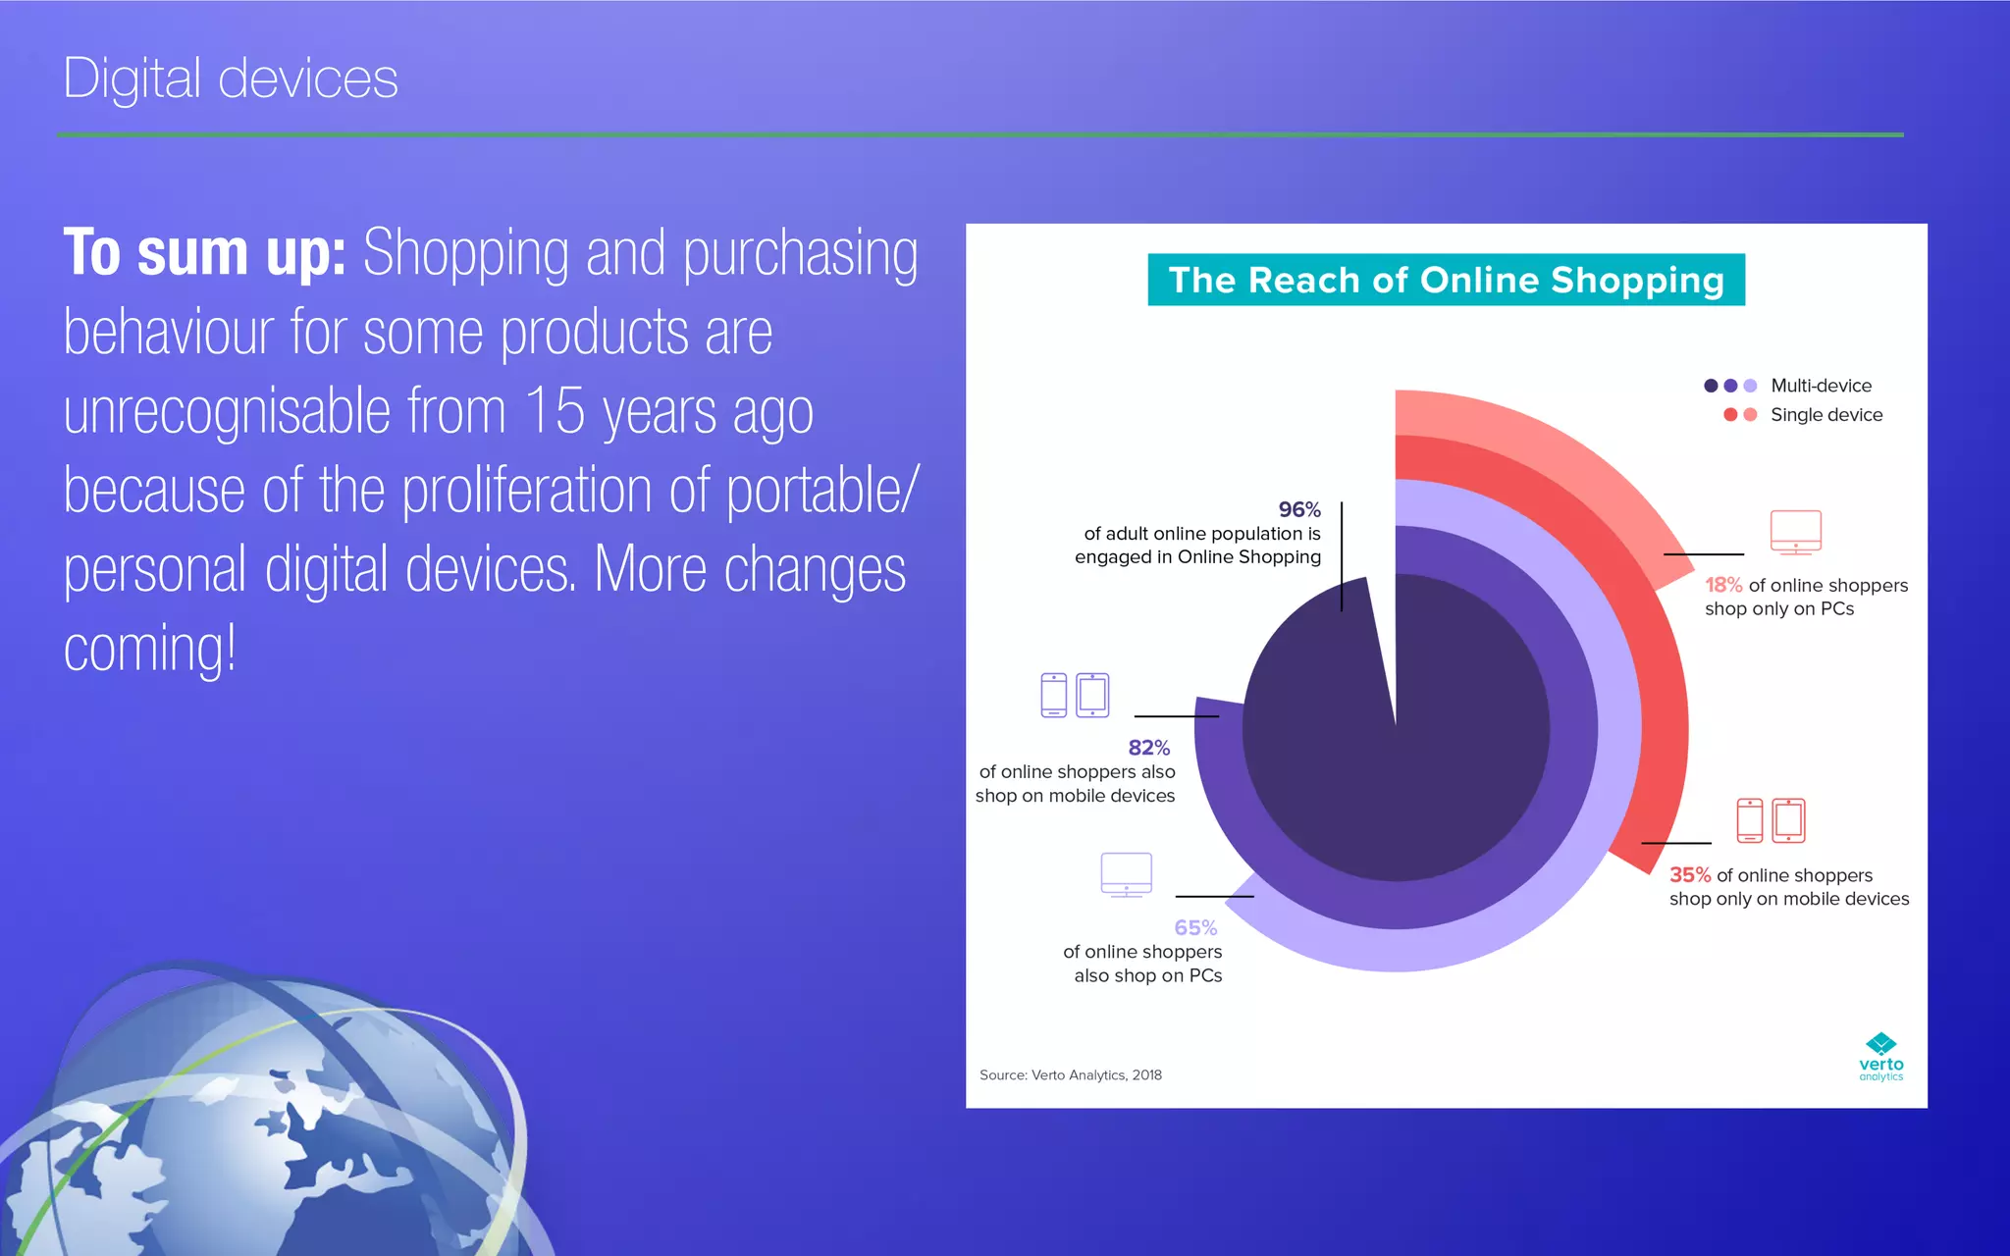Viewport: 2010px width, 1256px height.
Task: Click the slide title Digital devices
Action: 231,78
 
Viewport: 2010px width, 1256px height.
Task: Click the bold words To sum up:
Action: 204,252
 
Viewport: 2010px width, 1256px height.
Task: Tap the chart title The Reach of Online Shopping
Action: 1446,281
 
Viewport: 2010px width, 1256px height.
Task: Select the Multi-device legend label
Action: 1821,386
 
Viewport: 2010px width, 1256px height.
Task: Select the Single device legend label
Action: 1825,415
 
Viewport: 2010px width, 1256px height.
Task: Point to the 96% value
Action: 1298,510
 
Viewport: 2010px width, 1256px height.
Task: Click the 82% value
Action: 1148,748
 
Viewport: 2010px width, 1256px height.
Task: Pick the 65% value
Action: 1194,928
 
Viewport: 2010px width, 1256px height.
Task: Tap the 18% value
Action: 1722,586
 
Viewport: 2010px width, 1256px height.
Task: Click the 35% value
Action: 1689,875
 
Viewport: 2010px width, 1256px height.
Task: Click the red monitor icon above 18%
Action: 1795,532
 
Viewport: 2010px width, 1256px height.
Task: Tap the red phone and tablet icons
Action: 1771,820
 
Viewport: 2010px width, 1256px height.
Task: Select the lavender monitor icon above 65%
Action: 1126,874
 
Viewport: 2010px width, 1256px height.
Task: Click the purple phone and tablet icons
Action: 1075,695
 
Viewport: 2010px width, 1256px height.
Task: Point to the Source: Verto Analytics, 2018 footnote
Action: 1070,1075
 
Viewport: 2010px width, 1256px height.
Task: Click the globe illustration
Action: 265,1119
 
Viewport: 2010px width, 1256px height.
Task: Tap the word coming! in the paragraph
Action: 149,649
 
